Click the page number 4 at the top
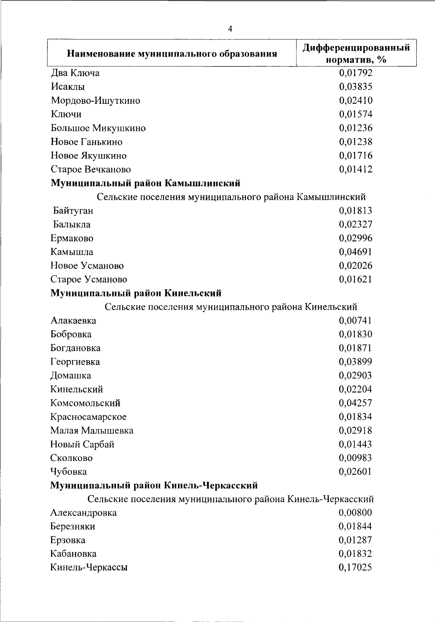(230, 29)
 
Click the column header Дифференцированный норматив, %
(356, 53)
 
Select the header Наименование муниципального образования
(172, 54)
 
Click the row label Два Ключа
(75, 73)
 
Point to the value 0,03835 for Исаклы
(356, 87)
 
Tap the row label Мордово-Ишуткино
(95, 100)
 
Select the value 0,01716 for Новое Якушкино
(356, 156)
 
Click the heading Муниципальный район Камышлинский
(145, 183)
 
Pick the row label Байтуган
(73, 211)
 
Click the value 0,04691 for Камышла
(356, 252)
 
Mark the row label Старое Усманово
(89, 279)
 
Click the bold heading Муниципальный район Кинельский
(136, 293)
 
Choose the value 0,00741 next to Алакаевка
(356, 321)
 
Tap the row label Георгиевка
(75, 362)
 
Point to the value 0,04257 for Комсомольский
(356, 403)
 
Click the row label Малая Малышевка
(92, 431)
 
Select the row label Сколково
(71, 458)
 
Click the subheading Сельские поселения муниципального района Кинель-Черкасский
(231, 499)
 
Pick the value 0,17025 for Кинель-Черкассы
(355, 568)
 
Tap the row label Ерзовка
(68, 540)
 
